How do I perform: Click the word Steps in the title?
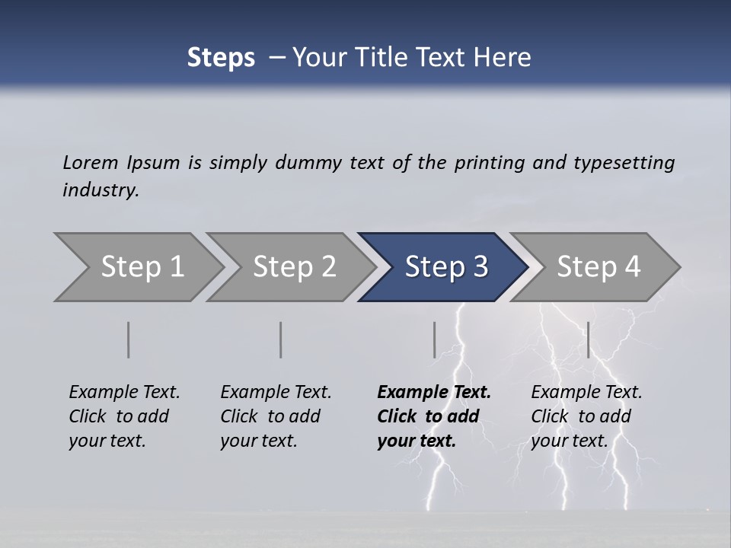pos(221,58)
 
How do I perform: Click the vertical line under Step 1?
pos(129,339)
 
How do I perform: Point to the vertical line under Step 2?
pos(281,339)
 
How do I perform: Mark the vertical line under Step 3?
pos(435,339)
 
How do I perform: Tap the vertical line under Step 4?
pos(588,339)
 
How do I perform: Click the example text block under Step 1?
pos(124,416)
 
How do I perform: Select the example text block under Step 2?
pos(276,416)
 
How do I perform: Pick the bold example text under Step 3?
pos(434,416)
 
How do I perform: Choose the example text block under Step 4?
pos(586,416)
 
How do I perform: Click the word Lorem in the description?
pos(91,162)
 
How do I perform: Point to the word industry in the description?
pos(100,190)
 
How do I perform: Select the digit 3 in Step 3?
pos(480,267)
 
